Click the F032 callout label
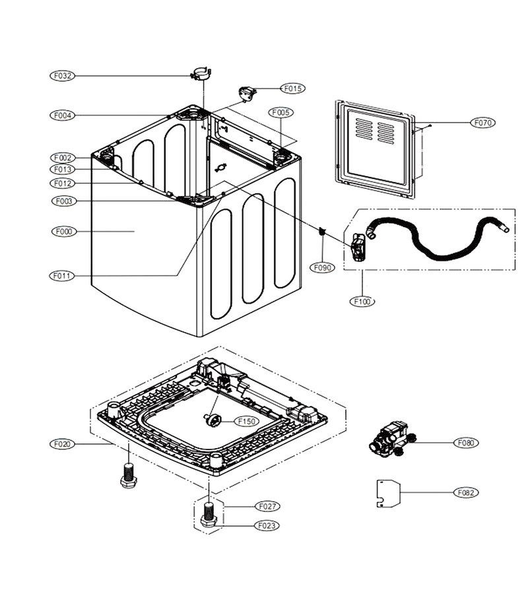[x=63, y=76]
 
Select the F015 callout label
[x=292, y=88]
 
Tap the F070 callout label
[x=483, y=123]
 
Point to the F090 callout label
[x=323, y=268]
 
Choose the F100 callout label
[x=362, y=302]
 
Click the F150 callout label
[x=247, y=421]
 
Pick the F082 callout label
[x=466, y=492]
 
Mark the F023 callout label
[x=267, y=526]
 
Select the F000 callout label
[x=63, y=232]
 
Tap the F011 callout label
[x=62, y=276]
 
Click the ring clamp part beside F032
[x=201, y=73]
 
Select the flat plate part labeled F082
[x=389, y=493]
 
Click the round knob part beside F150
[x=214, y=420]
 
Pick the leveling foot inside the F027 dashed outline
[x=207, y=514]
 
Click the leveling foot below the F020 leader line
[x=129, y=475]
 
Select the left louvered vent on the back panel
[x=364, y=129]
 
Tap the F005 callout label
[x=280, y=112]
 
